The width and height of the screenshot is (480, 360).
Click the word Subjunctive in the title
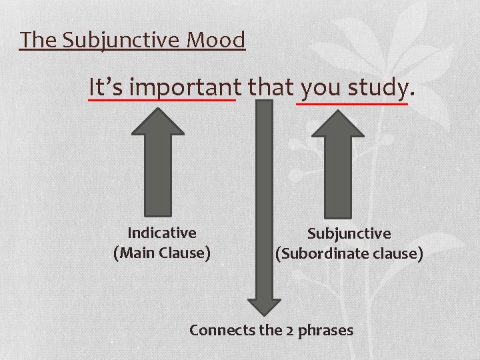click(x=122, y=40)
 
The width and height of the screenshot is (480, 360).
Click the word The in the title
click(x=39, y=40)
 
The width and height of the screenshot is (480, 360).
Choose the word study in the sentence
click(x=375, y=87)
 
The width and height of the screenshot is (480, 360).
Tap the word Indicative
click(x=162, y=233)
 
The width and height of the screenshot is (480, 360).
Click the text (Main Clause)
click(x=162, y=253)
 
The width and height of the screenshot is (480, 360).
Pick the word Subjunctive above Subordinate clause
click(x=349, y=233)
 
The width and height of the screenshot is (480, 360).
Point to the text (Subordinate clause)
click(x=349, y=254)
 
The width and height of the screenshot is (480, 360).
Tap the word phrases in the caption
click(x=327, y=330)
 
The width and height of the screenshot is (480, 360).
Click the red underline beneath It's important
click(x=162, y=101)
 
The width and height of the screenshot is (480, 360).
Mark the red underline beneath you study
click(x=351, y=103)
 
